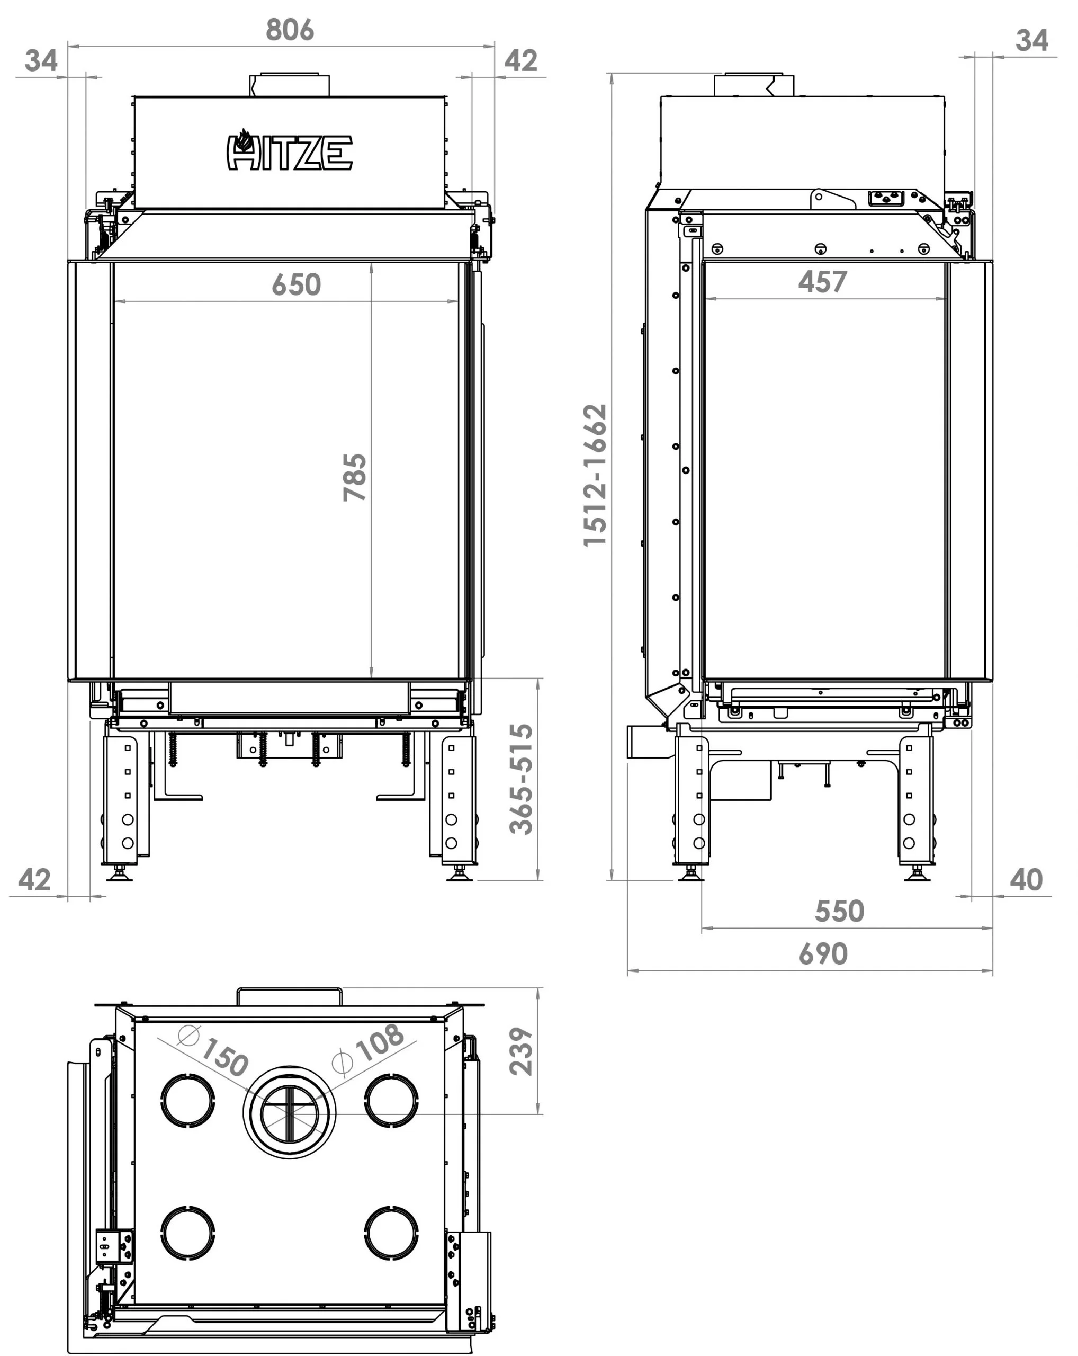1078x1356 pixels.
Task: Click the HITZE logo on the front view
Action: pyautogui.click(x=289, y=150)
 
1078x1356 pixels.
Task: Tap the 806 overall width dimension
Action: pyautogui.click(x=290, y=30)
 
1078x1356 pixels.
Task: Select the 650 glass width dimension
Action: pyautogui.click(x=296, y=285)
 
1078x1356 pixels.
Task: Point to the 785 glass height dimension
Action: pyautogui.click(x=355, y=477)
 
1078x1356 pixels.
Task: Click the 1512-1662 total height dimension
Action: pyautogui.click(x=595, y=476)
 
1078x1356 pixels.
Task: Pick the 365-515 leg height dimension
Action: pyautogui.click(x=521, y=779)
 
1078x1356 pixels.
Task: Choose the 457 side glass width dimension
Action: pyautogui.click(x=823, y=282)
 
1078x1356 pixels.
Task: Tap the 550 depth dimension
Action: pyautogui.click(x=839, y=912)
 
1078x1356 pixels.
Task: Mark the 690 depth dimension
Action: pyautogui.click(x=823, y=954)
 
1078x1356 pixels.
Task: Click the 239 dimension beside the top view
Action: pyautogui.click(x=521, y=1051)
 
